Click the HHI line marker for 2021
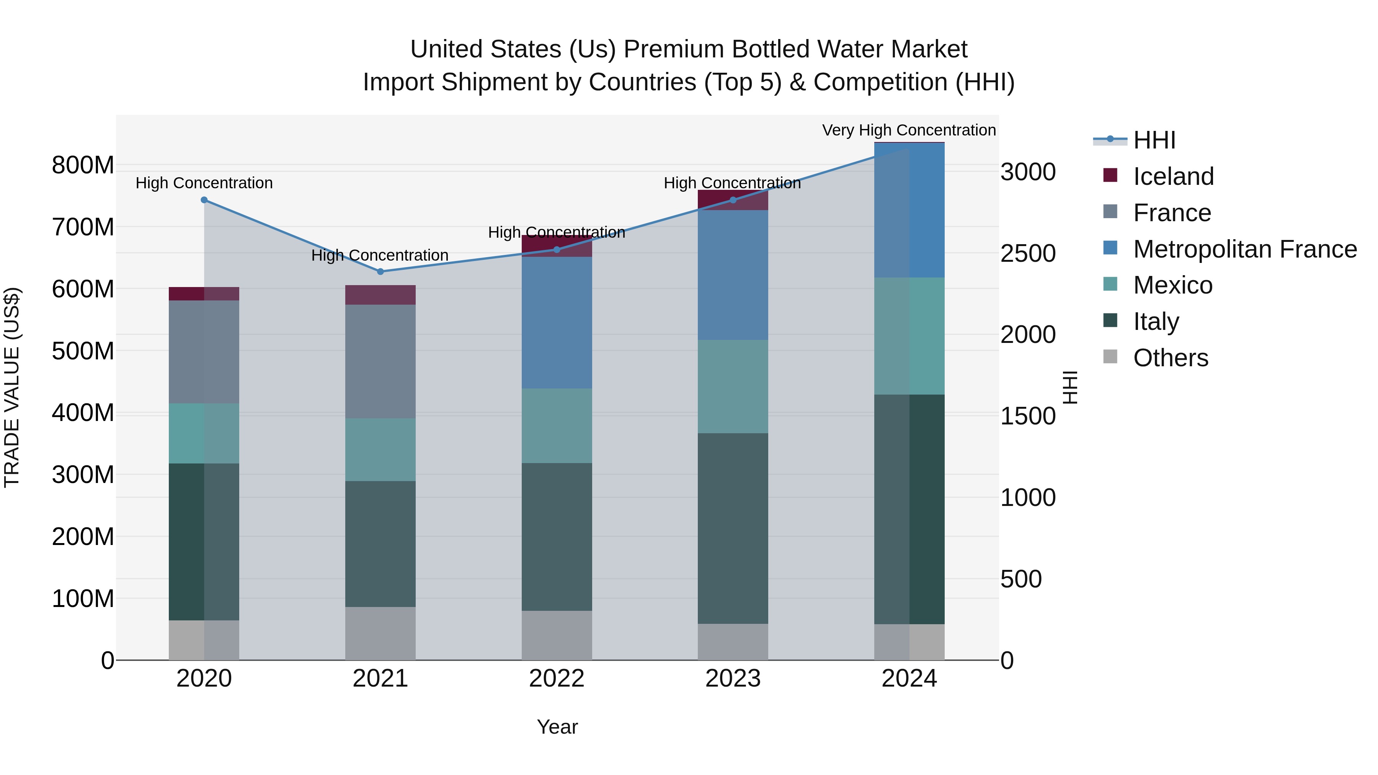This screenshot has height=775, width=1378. pyautogui.click(x=380, y=272)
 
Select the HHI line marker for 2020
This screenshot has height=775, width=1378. pyautogui.click(x=204, y=200)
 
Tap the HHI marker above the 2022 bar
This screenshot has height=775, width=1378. pyautogui.click(x=556, y=250)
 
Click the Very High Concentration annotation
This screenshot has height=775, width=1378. pyautogui.click(x=908, y=131)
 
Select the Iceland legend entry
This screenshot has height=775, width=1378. pyautogui.click(x=1173, y=176)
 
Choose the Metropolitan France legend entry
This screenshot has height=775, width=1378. pyautogui.click(x=1245, y=249)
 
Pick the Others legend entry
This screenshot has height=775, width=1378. pyautogui.click(x=1171, y=358)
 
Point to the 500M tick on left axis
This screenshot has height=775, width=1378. pyautogui.click(x=83, y=351)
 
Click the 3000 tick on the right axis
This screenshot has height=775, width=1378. pyautogui.click(x=1028, y=172)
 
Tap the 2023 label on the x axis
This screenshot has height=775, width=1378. pyautogui.click(x=733, y=679)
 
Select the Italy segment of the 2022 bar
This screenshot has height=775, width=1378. pyautogui.click(x=556, y=537)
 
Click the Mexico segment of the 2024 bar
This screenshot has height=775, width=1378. pyautogui.click(x=909, y=336)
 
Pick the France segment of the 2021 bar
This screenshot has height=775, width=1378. pyautogui.click(x=380, y=362)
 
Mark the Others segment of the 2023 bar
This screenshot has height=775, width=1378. pyautogui.click(x=733, y=642)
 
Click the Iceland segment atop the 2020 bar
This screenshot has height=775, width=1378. pyautogui.click(x=204, y=294)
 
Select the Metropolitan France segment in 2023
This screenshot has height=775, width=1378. pyautogui.click(x=733, y=275)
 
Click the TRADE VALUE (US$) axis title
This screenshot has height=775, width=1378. pyautogui.click(x=12, y=387)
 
